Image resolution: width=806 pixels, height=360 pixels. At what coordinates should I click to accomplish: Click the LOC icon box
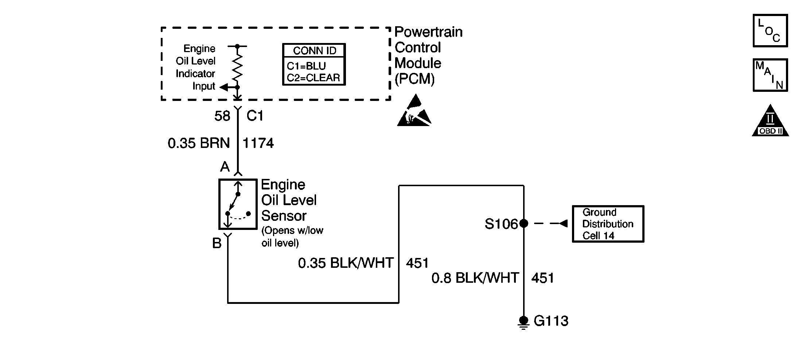click(x=770, y=31)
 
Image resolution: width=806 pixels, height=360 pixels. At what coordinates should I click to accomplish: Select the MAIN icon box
click(x=770, y=75)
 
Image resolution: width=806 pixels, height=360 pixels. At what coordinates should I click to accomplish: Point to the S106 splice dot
click(x=523, y=223)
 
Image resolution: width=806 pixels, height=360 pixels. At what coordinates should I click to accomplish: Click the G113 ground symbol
click(x=523, y=322)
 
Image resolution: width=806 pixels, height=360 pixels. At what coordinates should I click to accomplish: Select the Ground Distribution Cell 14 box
click(x=608, y=224)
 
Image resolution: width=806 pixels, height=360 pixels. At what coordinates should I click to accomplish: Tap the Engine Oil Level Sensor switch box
click(x=238, y=204)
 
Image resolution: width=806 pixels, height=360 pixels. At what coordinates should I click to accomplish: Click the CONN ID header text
click(x=314, y=51)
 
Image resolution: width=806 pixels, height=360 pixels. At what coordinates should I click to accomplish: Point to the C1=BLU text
click(x=306, y=66)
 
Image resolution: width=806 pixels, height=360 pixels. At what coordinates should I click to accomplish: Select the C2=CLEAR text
click(x=313, y=78)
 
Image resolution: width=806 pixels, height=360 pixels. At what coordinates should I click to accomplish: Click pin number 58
click(x=222, y=116)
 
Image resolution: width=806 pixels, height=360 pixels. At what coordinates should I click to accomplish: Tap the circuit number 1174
click(x=258, y=143)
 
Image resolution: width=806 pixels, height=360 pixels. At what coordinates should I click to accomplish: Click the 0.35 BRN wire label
click(x=199, y=143)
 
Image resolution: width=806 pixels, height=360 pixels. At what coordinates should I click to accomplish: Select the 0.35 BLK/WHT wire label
click(x=346, y=263)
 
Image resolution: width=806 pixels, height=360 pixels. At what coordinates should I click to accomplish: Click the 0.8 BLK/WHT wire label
click(x=475, y=278)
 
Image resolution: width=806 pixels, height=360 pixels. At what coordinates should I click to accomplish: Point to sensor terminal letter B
click(x=217, y=243)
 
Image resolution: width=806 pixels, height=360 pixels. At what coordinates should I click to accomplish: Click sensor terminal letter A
click(x=225, y=167)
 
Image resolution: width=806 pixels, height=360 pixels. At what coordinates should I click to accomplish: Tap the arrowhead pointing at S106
click(x=563, y=223)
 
